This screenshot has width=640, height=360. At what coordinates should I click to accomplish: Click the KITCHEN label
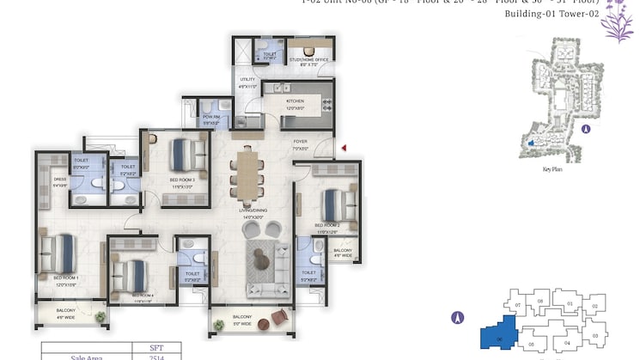pos(296,101)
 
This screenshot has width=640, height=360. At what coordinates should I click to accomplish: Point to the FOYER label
pos(300,143)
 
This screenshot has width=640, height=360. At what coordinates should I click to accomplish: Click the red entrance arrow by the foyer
pos(344,149)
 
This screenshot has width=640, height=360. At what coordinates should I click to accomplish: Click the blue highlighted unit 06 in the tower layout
pos(496,335)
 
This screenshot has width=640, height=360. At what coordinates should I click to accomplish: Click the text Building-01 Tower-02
pos(548,15)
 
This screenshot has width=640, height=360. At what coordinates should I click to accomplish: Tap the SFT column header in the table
pos(156,347)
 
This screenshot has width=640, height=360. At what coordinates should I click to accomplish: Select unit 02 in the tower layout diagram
pos(594,306)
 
